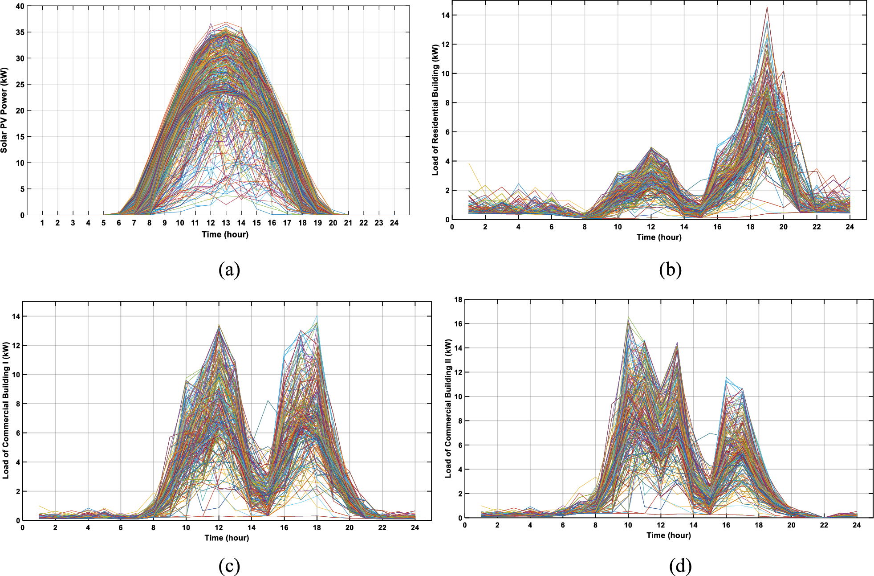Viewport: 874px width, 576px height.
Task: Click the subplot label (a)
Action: pyautogui.click(x=229, y=270)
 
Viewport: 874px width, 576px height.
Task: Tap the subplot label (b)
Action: pyautogui.click(x=670, y=270)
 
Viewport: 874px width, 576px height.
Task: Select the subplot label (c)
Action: pyautogui.click(x=229, y=566)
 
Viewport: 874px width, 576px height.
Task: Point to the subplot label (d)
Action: pyautogui.click(x=680, y=566)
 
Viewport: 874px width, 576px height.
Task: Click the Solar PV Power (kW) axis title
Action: pyautogui.click(x=4, y=110)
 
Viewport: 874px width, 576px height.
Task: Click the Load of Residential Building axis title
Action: pyautogui.click(x=435, y=110)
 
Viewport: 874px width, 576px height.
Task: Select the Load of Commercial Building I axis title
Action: pyautogui.click(x=6, y=410)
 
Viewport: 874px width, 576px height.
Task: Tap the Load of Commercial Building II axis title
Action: pyautogui.click(x=448, y=409)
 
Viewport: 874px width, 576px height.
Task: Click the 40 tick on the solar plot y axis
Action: pyautogui.click(x=20, y=6)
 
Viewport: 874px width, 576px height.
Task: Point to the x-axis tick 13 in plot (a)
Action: pyautogui.click(x=226, y=223)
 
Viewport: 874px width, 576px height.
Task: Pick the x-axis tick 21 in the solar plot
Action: pyautogui.click(x=348, y=223)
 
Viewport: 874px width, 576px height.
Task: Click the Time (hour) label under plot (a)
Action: pyautogui.click(x=225, y=234)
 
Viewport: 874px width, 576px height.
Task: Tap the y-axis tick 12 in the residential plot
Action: pyautogui.click(x=446, y=44)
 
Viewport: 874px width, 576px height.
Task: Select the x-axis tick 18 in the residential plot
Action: pyautogui.click(x=750, y=227)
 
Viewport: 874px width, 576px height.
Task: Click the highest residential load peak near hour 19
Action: pyautogui.click(x=767, y=8)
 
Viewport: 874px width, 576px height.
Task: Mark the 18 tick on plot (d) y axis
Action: pyautogui.click(x=458, y=299)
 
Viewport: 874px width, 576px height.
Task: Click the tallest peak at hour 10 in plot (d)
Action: pyautogui.click(x=628, y=318)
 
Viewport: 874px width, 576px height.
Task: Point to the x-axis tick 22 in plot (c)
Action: pyautogui.click(x=382, y=527)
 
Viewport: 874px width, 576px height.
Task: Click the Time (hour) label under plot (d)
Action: pyautogui.click(x=668, y=535)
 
